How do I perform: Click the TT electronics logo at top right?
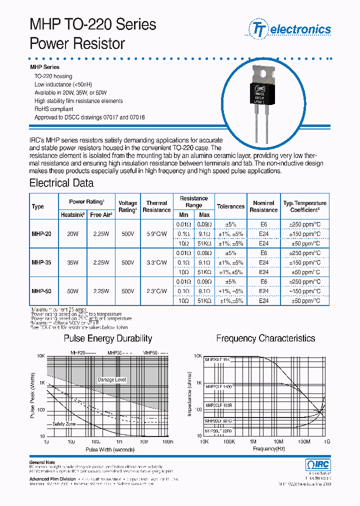tap(289, 29)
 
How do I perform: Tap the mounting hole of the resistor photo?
tap(263, 73)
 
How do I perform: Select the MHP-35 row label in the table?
tap(41, 262)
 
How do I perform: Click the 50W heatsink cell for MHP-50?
tap(73, 291)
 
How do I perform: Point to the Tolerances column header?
tap(230, 206)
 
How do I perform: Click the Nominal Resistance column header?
tap(263, 206)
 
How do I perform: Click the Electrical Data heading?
tap(61, 183)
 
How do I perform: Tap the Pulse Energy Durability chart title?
tap(107, 339)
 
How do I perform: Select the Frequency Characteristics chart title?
tap(265, 339)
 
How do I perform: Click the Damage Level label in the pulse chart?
tap(112, 380)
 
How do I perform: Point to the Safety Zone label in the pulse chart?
tap(64, 424)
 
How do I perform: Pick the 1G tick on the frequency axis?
tap(327, 442)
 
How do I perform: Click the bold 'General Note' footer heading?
tap(42, 462)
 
